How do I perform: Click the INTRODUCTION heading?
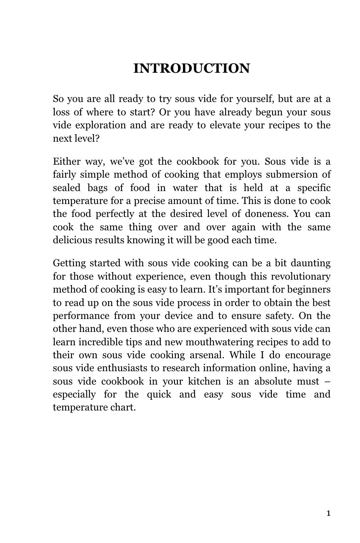tap(191, 68)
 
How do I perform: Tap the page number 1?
tap(328, 513)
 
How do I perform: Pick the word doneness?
tap(267, 214)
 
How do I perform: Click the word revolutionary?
tap(301, 277)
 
